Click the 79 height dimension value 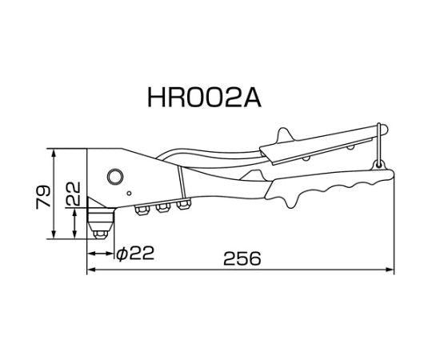pyautogui.click(x=43, y=194)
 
